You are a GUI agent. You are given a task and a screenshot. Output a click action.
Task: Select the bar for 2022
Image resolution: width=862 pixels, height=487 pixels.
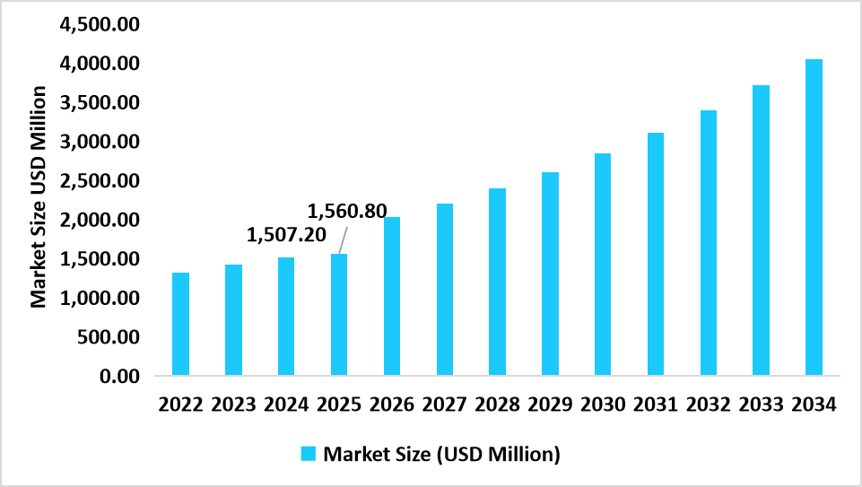click(180, 324)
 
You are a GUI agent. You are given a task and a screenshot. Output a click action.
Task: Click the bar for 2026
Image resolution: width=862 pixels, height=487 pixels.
click(392, 296)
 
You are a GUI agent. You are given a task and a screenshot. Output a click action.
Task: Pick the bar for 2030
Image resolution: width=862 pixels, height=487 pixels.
click(603, 264)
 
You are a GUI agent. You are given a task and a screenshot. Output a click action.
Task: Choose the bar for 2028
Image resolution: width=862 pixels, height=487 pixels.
click(497, 282)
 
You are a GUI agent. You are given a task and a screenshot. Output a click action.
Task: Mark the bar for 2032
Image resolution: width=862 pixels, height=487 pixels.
click(708, 242)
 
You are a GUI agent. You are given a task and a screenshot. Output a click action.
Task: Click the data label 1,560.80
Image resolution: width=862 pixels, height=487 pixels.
click(347, 212)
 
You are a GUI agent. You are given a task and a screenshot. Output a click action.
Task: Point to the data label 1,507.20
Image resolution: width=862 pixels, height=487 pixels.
click(286, 236)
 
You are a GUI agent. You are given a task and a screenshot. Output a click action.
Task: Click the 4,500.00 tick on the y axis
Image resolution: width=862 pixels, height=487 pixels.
click(98, 25)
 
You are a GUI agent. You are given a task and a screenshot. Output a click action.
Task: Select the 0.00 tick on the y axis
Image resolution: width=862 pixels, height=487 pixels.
click(119, 376)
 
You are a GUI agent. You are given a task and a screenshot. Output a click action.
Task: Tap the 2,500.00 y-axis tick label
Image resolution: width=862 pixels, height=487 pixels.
click(98, 181)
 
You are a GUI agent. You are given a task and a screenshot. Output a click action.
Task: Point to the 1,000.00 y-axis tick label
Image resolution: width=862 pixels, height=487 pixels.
click(98, 298)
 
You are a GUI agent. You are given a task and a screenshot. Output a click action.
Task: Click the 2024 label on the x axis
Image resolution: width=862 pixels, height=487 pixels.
click(286, 404)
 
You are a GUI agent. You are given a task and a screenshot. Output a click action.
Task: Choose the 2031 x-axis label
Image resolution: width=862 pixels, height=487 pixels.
click(655, 404)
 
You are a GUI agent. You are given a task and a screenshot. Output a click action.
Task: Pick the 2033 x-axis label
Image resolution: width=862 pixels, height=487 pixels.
click(761, 404)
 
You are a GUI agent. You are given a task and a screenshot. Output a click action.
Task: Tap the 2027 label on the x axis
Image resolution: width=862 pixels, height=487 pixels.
click(444, 404)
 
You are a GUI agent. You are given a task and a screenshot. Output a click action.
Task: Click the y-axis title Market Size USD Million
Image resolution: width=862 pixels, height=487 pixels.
click(39, 197)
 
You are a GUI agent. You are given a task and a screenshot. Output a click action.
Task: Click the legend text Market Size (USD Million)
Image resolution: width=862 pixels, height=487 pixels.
click(441, 454)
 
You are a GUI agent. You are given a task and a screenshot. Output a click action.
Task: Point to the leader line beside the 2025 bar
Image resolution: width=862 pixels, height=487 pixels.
click(343, 239)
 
